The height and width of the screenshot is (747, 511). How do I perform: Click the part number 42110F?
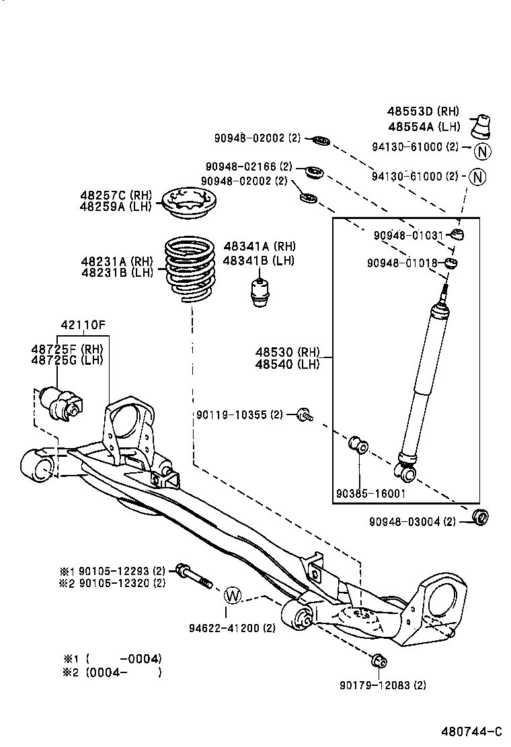tap(83, 325)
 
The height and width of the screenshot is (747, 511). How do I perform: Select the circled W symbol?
tap(232, 595)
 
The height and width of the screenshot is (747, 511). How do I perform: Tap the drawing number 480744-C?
tap(471, 731)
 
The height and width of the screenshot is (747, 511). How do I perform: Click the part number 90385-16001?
tap(370, 493)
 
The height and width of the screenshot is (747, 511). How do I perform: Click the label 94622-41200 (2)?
tap(232, 628)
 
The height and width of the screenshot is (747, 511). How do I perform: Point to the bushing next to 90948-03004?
tap(480, 518)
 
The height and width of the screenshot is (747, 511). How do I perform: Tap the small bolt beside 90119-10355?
tap(303, 415)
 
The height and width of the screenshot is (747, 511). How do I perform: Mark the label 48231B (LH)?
tap(117, 272)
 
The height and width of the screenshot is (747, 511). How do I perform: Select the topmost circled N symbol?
tap(482, 151)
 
